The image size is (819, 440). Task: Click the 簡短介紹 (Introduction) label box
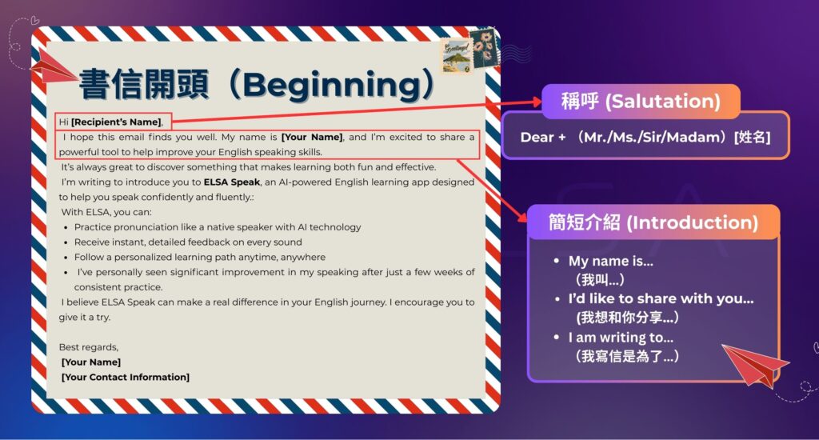[653, 222]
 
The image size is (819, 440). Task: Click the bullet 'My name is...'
[610, 261]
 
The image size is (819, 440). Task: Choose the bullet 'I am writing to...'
[615, 338]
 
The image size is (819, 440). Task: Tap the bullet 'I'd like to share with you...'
[661, 299]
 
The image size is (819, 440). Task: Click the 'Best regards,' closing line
[89, 347]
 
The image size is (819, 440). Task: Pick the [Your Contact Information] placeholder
[126, 377]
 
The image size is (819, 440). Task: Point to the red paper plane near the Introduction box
[753, 364]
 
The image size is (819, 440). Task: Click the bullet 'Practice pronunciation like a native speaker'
[218, 227]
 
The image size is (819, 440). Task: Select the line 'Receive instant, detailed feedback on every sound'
[188, 242]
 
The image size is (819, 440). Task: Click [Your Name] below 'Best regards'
[91, 362]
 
